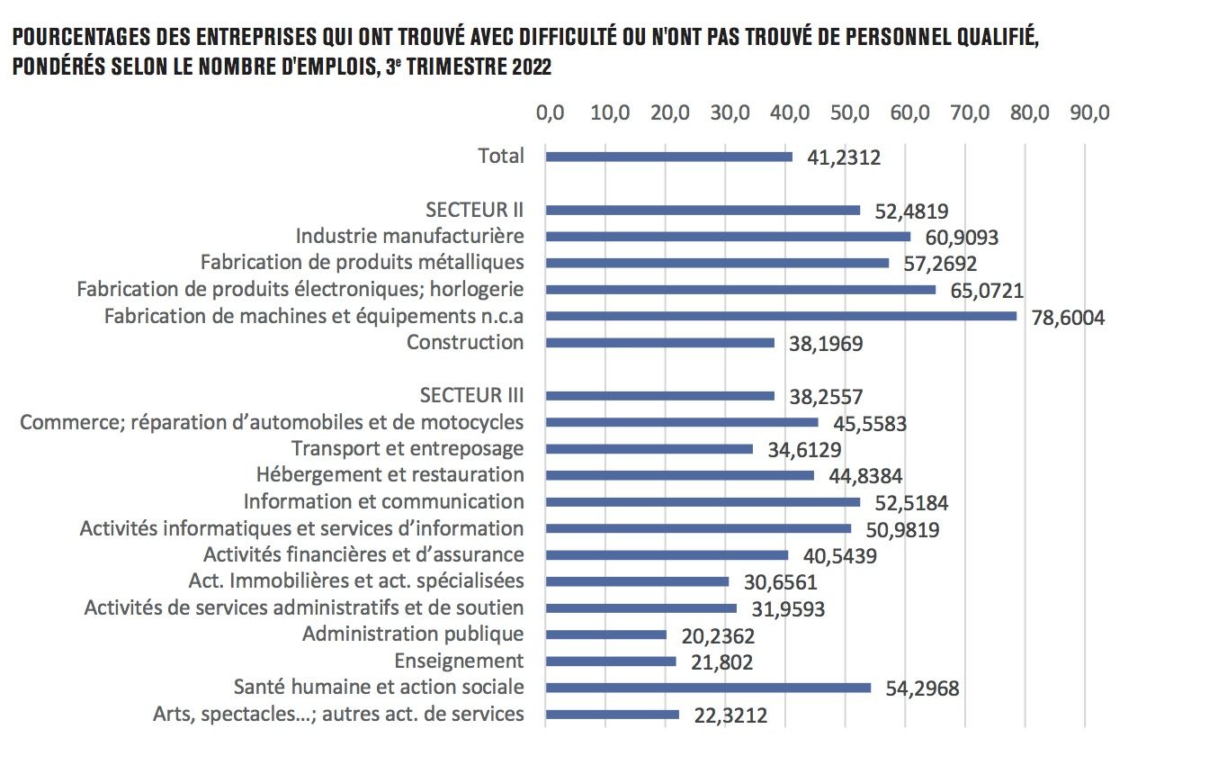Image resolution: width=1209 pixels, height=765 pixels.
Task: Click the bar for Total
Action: point(669,157)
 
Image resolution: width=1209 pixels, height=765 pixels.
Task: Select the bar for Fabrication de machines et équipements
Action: point(781,316)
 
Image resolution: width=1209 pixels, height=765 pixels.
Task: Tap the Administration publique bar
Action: point(606,634)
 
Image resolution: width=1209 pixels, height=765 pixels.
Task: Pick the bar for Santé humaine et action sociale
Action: point(708,688)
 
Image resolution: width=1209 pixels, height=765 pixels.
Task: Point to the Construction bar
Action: point(660,343)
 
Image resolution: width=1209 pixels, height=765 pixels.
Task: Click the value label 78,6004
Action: point(1066,318)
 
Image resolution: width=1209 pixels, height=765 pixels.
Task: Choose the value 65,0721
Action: point(988,291)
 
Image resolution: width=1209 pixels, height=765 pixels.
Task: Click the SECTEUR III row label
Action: point(471,395)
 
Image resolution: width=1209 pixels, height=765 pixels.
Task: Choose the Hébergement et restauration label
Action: point(390,474)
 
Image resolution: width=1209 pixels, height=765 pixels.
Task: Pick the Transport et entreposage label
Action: point(407,448)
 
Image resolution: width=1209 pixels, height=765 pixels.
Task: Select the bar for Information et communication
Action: point(703,502)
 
